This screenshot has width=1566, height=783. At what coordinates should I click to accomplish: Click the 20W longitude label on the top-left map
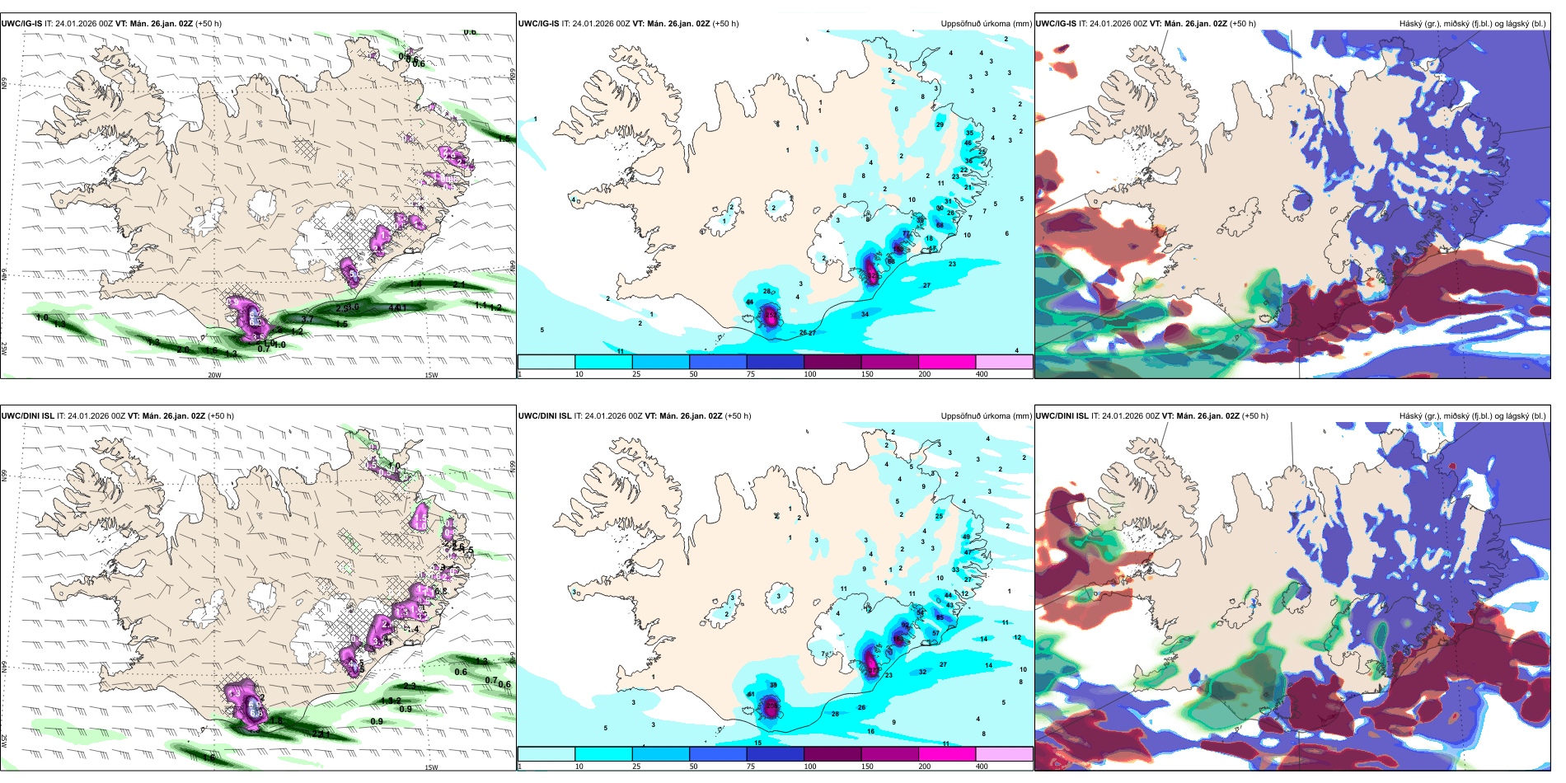tap(214, 375)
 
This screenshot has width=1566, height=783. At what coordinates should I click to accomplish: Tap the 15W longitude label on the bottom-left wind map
tap(431, 767)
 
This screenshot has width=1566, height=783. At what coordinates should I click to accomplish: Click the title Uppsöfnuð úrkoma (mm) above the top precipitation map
tap(986, 24)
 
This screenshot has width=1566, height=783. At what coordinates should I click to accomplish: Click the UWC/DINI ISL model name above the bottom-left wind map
tap(27, 416)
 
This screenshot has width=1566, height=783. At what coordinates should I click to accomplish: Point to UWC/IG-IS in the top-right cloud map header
tap(1056, 24)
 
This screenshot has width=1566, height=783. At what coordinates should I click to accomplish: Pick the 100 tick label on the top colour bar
tap(809, 374)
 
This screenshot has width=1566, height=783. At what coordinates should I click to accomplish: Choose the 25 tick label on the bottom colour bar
tap(636, 767)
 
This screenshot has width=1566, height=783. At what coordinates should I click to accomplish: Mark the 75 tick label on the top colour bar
tap(751, 374)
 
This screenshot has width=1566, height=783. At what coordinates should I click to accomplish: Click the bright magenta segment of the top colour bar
tap(946, 361)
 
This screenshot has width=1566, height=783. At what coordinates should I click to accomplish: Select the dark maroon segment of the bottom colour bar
tap(832, 753)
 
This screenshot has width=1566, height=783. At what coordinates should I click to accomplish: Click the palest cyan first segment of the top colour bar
tap(546, 361)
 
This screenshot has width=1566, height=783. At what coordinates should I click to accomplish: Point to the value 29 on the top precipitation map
tap(940, 125)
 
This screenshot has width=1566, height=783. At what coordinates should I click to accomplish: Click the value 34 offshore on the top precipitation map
tap(865, 314)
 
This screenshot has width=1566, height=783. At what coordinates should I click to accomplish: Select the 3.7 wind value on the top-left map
tap(307, 320)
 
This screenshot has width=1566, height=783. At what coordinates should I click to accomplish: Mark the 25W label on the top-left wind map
tap(5, 349)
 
